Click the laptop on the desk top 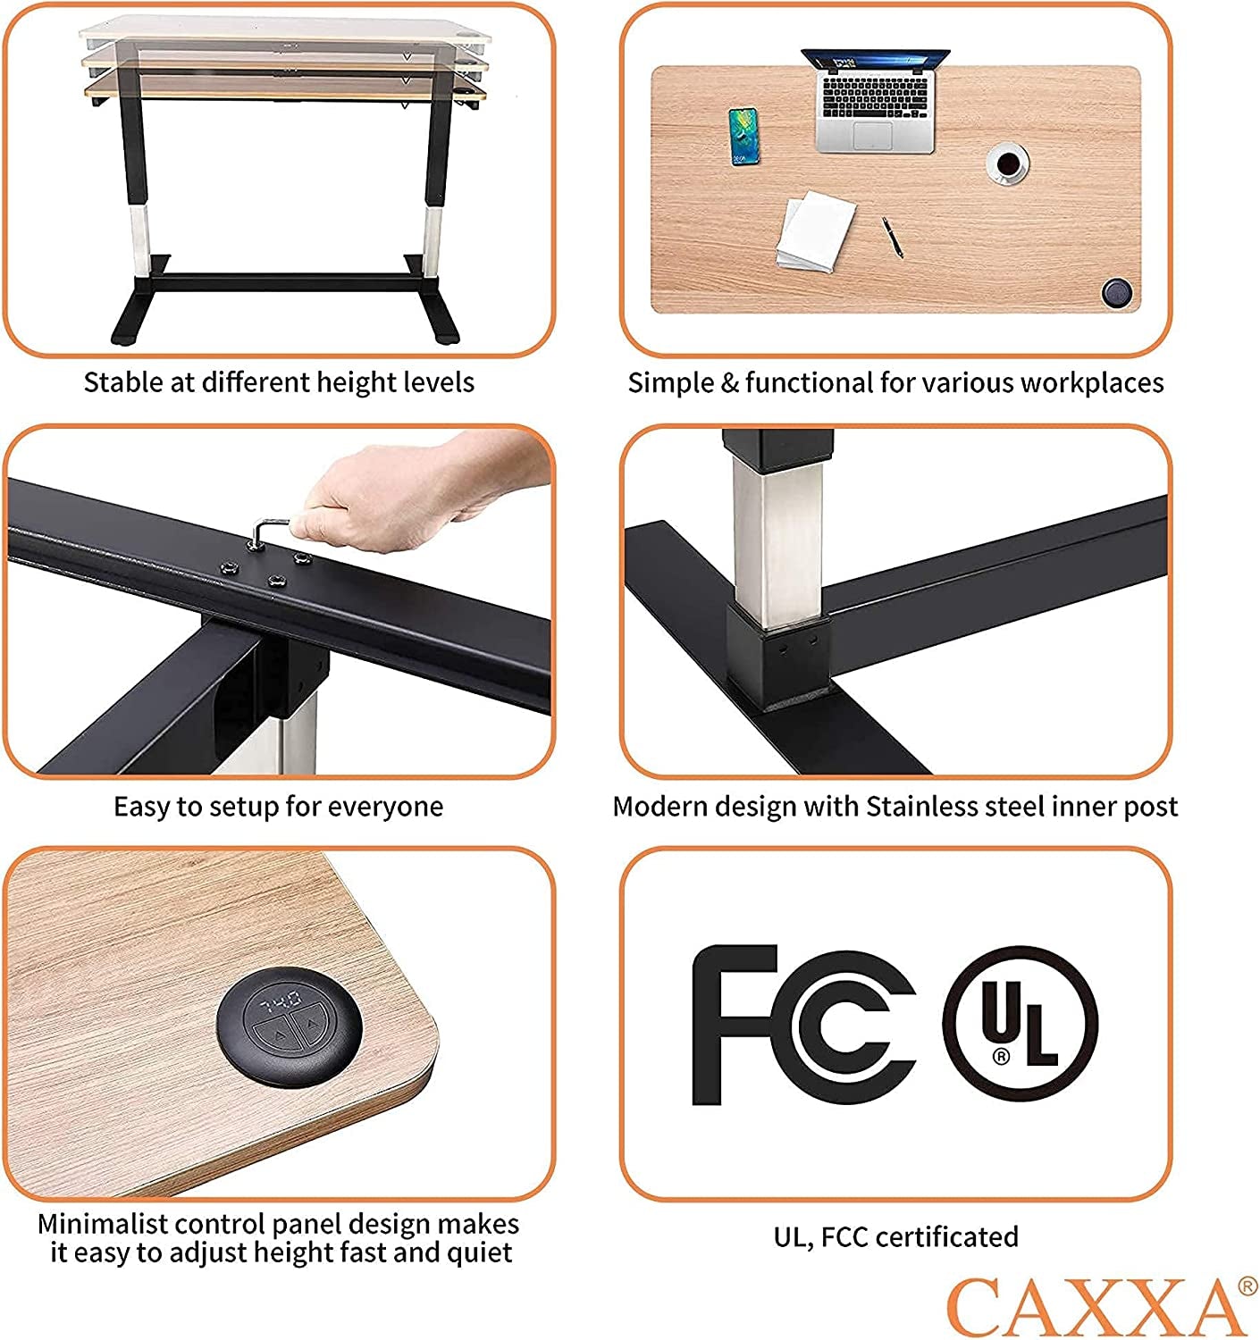[x=876, y=100]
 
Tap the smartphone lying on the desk [x=743, y=137]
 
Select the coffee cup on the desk [x=1007, y=163]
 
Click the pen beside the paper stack [x=892, y=236]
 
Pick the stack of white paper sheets [x=815, y=230]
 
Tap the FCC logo [x=803, y=1025]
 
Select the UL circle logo [x=1020, y=1024]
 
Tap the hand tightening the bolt [x=418, y=486]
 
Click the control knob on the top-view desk [x=1117, y=293]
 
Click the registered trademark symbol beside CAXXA [x=1247, y=1286]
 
